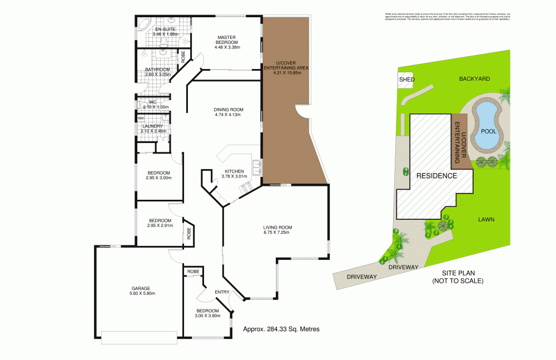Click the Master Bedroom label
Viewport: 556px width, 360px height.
pyautogui.click(x=227, y=40)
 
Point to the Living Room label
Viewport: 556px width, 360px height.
pyautogui.click(x=277, y=227)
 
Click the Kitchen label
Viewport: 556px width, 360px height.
pyautogui.click(x=234, y=171)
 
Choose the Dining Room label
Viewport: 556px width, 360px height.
pyautogui.click(x=229, y=109)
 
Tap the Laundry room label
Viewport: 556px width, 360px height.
pyautogui.click(x=152, y=126)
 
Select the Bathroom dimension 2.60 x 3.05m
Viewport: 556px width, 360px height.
pyautogui.click(x=157, y=74)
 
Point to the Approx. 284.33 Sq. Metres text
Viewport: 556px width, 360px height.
pyautogui.click(x=281, y=329)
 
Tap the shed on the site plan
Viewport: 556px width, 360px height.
pyautogui.click(x=407, y=80)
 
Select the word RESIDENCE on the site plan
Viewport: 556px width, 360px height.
pyautogui.click(x=437, y=176)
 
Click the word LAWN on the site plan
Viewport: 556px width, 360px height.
pyautogui.click(x=487, y=220)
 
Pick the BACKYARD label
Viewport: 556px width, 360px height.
pyautogui.click(x=474, y=79)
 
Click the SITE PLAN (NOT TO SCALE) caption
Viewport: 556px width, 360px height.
pyautogui.click(x=458, y=277)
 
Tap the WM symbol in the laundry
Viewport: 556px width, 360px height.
pyautogui.click(x=140, y=118)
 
